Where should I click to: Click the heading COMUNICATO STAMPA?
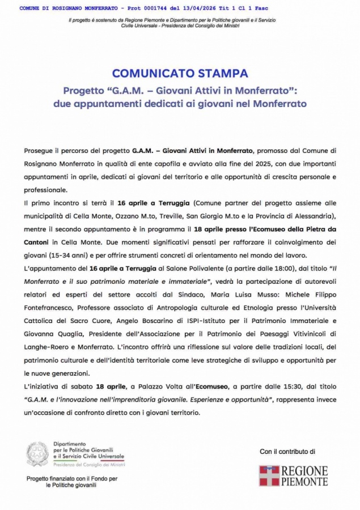180,73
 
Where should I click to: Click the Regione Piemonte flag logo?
269,475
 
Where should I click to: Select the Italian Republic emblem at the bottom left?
37,454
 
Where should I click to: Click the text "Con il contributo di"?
287,452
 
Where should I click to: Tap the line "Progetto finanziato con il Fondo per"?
72,479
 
